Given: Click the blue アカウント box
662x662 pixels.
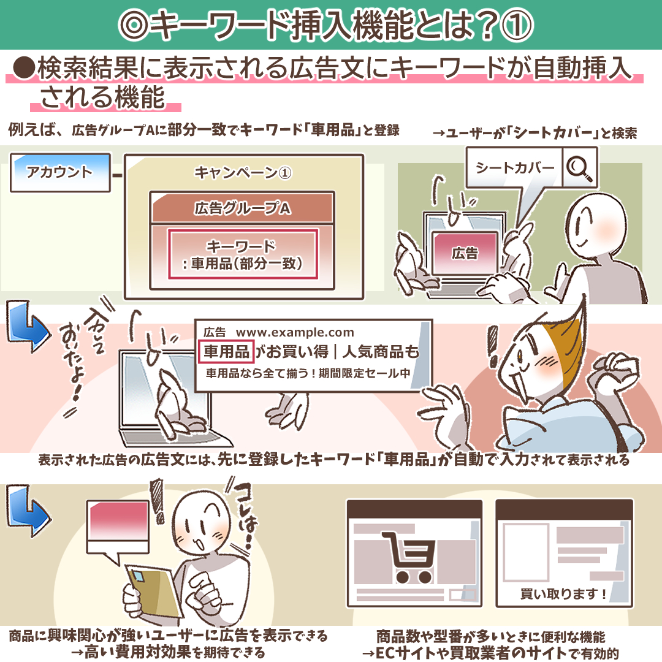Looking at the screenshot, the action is (x=60, y=172).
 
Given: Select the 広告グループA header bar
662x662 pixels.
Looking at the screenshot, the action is (x=242, y=207).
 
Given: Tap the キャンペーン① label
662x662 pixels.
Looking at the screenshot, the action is (x=243, y=173).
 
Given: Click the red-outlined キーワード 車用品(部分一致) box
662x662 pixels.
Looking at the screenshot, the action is (x=243, y=254).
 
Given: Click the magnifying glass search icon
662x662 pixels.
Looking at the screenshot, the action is (x=580, y=168).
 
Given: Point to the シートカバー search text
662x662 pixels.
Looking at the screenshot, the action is (x=515, y=167).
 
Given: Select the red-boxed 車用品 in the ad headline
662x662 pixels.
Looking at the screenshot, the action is (x=226, y=351).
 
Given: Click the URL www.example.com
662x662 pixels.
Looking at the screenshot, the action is (x=295, y=333).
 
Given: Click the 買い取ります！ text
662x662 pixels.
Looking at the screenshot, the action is (x=563, y=594).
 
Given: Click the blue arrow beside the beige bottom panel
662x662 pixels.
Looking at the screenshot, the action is (x=28, y=510).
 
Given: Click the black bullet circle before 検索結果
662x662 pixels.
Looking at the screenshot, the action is (x=24, y=69).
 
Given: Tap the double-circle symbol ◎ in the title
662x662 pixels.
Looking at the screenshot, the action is (x=134, y=25).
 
